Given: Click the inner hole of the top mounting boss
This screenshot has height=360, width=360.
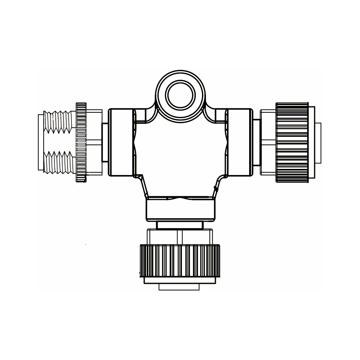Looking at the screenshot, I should click(x=180, y=95).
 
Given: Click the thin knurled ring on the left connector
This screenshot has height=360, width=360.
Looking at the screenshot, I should click(x=81, y=142).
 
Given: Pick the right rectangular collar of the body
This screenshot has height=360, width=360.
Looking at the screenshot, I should click(x=240, y=142).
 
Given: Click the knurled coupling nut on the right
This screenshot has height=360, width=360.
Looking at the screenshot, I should click(x=292, y=142).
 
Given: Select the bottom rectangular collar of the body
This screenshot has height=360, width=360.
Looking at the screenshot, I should click(x=181, y=210).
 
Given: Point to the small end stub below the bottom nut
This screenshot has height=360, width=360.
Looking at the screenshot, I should click(x=179, y=287).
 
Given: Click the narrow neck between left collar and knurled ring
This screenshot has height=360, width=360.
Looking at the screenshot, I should click(x=105, y=142).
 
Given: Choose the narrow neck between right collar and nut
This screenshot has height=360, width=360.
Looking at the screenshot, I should click(x=256, y=142).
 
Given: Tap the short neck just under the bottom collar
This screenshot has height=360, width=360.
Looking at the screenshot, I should click(x=180, y=225).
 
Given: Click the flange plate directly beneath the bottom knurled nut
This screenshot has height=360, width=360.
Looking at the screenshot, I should click(x=179, y=280).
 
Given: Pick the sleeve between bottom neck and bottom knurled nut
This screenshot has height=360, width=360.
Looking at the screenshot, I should click(x=179, y=237).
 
